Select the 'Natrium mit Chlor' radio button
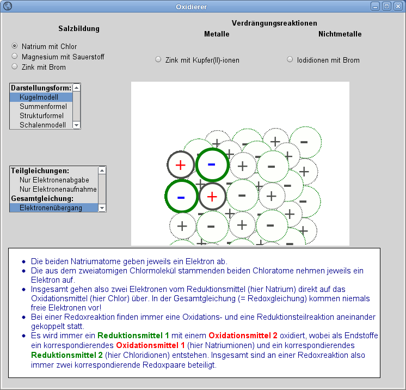15,46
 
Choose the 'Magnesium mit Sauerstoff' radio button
15,56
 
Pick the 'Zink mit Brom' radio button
15,66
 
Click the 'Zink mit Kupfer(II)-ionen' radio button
158,59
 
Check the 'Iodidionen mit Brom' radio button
290,59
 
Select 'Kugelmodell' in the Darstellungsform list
39,97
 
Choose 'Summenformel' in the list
43,106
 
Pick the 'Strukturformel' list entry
41,115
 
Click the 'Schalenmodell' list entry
42,125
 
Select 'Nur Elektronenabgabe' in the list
54,180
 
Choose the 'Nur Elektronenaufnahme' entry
58,189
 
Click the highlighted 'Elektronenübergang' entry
51,208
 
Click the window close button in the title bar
397,7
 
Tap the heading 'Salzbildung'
79,28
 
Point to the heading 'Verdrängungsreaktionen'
274,23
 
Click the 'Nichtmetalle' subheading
340,34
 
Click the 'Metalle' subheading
217,34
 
